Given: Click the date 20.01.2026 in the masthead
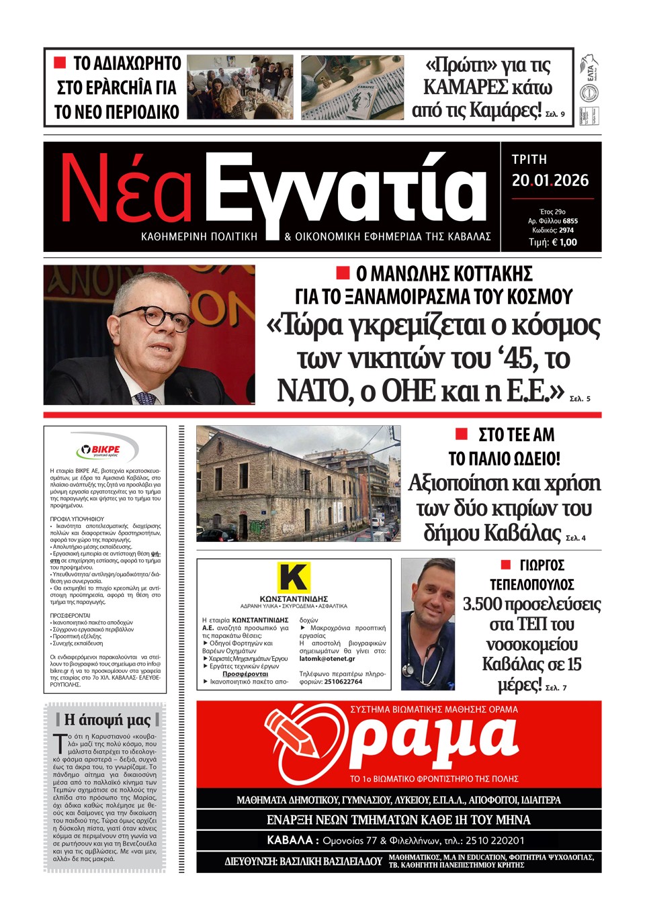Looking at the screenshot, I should point(550,181).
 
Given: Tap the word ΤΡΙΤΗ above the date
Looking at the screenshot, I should point(529,160).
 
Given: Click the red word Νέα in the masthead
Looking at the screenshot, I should point(127,191).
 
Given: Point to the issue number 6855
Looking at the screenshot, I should point(570,221).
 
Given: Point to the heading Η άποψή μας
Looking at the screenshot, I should point(107,721).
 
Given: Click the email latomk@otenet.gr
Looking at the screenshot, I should point(327,659).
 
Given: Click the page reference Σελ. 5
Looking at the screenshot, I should point(579,399).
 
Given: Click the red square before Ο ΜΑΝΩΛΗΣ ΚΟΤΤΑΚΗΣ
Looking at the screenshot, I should point(343,272).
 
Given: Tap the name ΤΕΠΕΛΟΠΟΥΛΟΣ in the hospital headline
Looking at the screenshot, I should point(531,584).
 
